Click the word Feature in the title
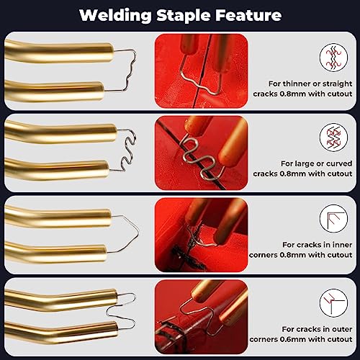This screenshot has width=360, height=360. [248, 15]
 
